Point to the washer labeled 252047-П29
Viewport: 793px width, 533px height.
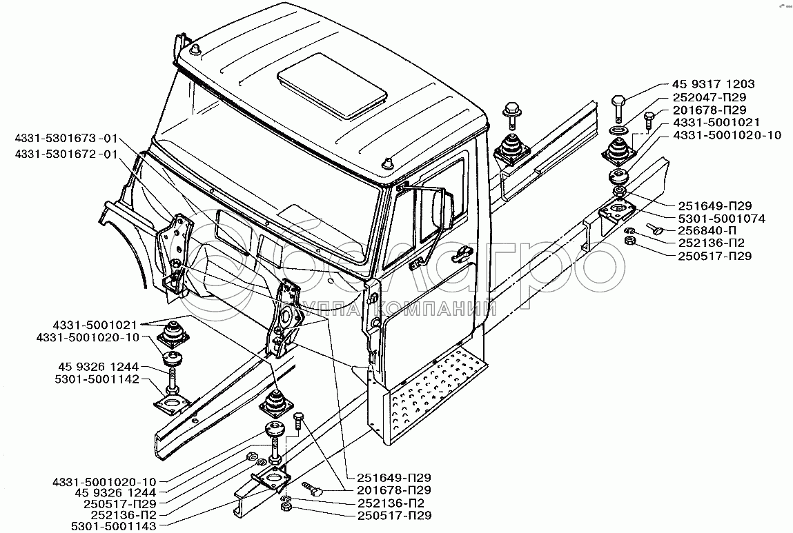(x=618, y=130)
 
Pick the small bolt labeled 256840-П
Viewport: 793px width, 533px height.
(x=656, y=228)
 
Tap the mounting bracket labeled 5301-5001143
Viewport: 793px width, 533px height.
(x=273, y=478)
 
